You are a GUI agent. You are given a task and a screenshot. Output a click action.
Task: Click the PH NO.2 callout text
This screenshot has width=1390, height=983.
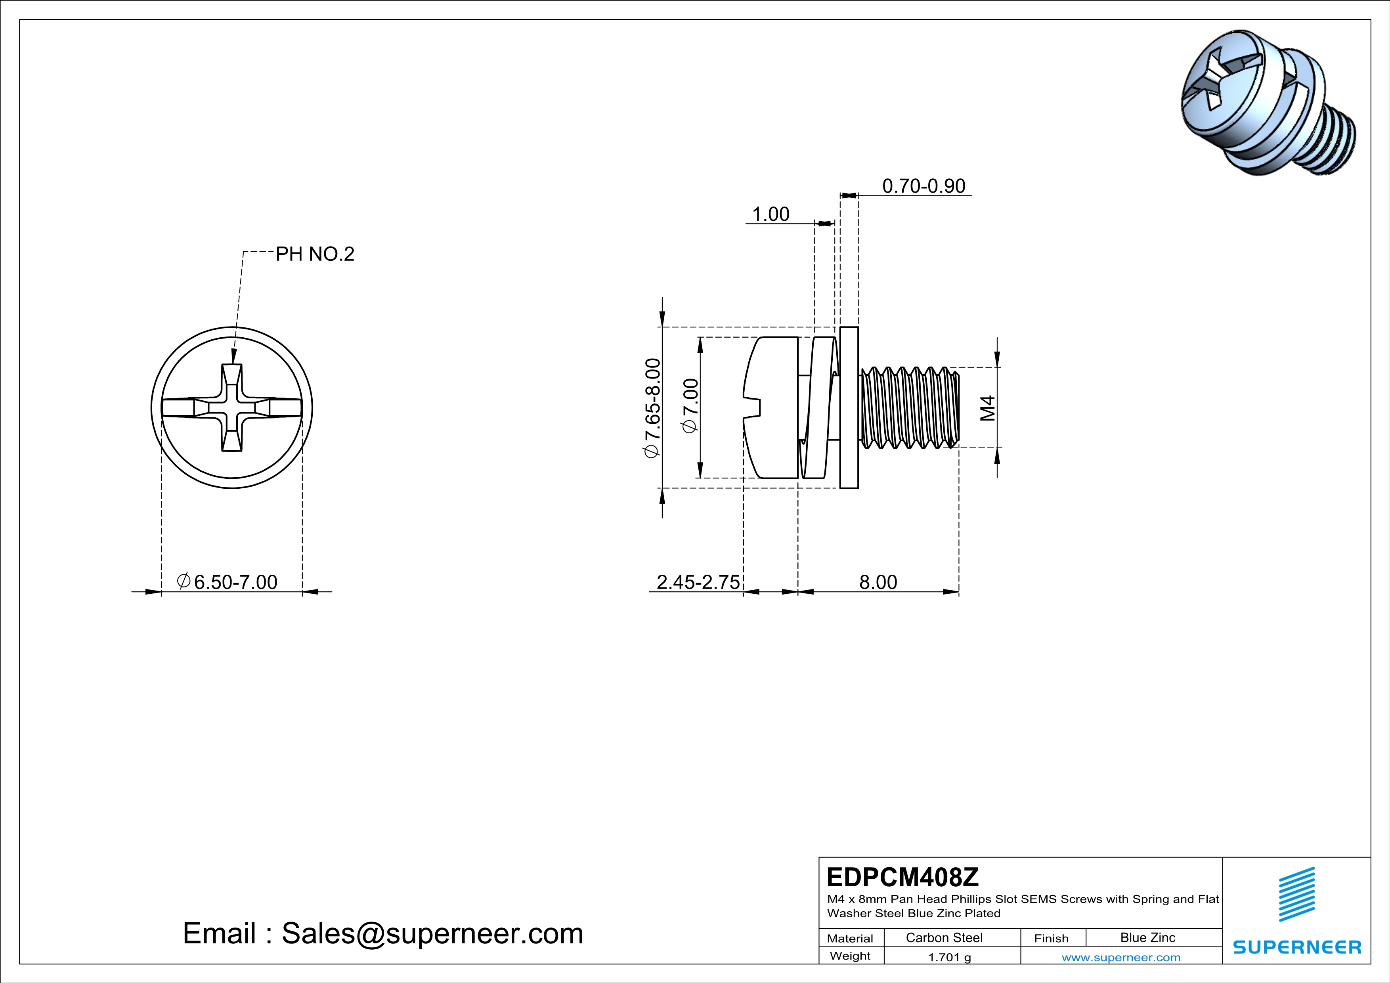pyautogui.click(x=315, y=254)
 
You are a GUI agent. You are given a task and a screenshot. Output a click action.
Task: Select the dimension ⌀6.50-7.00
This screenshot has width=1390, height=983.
pyautogui.click(x=227, y=582)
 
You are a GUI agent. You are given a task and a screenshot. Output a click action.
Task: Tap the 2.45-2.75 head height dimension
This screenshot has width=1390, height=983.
pyautogui.click(x=698, y=582)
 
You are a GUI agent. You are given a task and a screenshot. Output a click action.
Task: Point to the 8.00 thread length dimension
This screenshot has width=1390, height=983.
pyautogui.click(x=878, y=582)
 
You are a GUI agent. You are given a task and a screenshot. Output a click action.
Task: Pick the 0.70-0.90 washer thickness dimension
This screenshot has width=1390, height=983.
pyautogui.click(x=923, y=186)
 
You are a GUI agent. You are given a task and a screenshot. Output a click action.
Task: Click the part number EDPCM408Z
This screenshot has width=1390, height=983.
pyautogui.click(x=902, y=877)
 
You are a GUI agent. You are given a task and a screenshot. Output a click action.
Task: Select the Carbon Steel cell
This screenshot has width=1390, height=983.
pyautogui.click(x=944, y=937)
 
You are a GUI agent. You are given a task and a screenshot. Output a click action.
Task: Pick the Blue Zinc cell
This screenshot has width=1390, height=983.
pyautogui.click(x=1147, y=937)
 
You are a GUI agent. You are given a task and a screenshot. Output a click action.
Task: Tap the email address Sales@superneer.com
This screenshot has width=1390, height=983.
pyautogui.click(x=432, y=933)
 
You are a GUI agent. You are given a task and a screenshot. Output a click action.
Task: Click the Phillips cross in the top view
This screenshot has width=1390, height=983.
pyautogui.click(x=232, y=407)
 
